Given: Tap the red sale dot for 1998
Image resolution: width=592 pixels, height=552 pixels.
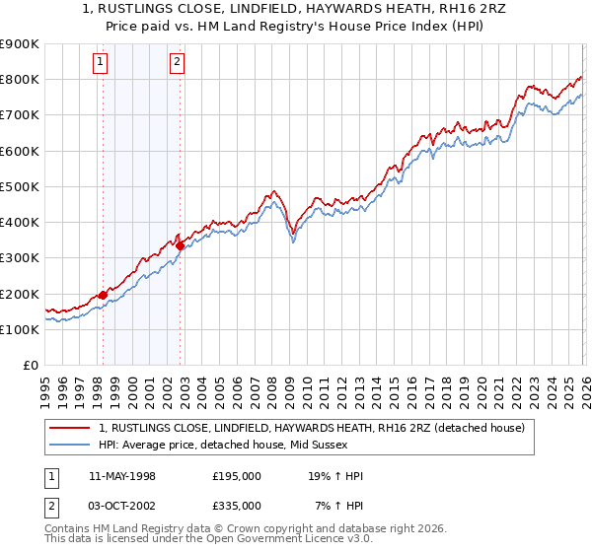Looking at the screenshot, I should pyautogui.click(x=103, y=295).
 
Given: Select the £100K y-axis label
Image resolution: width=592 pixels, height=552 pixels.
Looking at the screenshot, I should pyautogui.click(x=21, y=329).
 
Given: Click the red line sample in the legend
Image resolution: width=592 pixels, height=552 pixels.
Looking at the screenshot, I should pyautogui.click(x=70, y=428).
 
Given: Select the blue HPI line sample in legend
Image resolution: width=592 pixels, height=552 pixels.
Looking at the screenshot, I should pyautogui.click(x=70, y=445).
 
